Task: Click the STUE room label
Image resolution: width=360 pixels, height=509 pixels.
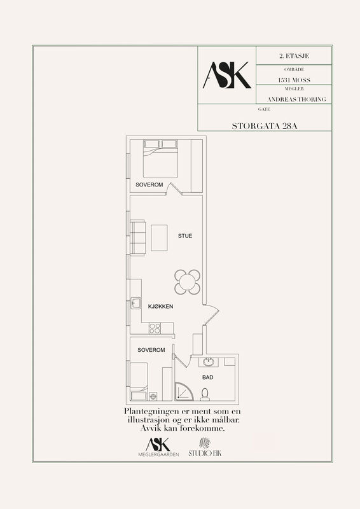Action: [x=185, y=236]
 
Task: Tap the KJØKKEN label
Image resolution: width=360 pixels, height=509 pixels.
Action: [x=161, y=307]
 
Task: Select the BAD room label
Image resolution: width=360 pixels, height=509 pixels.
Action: [x=208, y=377]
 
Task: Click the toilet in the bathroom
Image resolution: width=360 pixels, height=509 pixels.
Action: [x=205, y=394]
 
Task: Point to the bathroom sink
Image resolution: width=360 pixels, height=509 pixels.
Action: [x=209, y=362]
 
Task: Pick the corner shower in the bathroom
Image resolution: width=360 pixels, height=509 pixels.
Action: [x=183, y=391]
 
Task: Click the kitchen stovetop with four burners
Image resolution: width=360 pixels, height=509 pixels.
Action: [x=155, y=328]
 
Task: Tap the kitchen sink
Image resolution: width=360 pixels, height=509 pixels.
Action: [x=135, y=303]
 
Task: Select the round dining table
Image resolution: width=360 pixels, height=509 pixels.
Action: [x=187, y=282]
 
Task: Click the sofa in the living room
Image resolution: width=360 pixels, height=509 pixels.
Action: [x=137, y=238]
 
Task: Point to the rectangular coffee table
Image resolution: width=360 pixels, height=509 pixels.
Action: [x=159, y=238]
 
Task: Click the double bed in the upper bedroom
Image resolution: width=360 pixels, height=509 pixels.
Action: [x=161, y=158]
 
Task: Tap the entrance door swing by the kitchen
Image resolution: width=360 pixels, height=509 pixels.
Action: [x=211, y=314]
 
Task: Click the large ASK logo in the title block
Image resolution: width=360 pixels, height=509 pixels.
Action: [x=227, y=75]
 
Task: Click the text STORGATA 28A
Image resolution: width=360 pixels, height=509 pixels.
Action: [x=265, y=126]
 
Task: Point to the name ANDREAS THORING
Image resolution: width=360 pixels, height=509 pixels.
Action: [x=296, y=99]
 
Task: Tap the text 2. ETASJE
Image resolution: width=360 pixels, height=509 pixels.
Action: [x=294, y=56]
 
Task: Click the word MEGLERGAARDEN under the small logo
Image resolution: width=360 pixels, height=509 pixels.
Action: [x=158, y=455]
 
